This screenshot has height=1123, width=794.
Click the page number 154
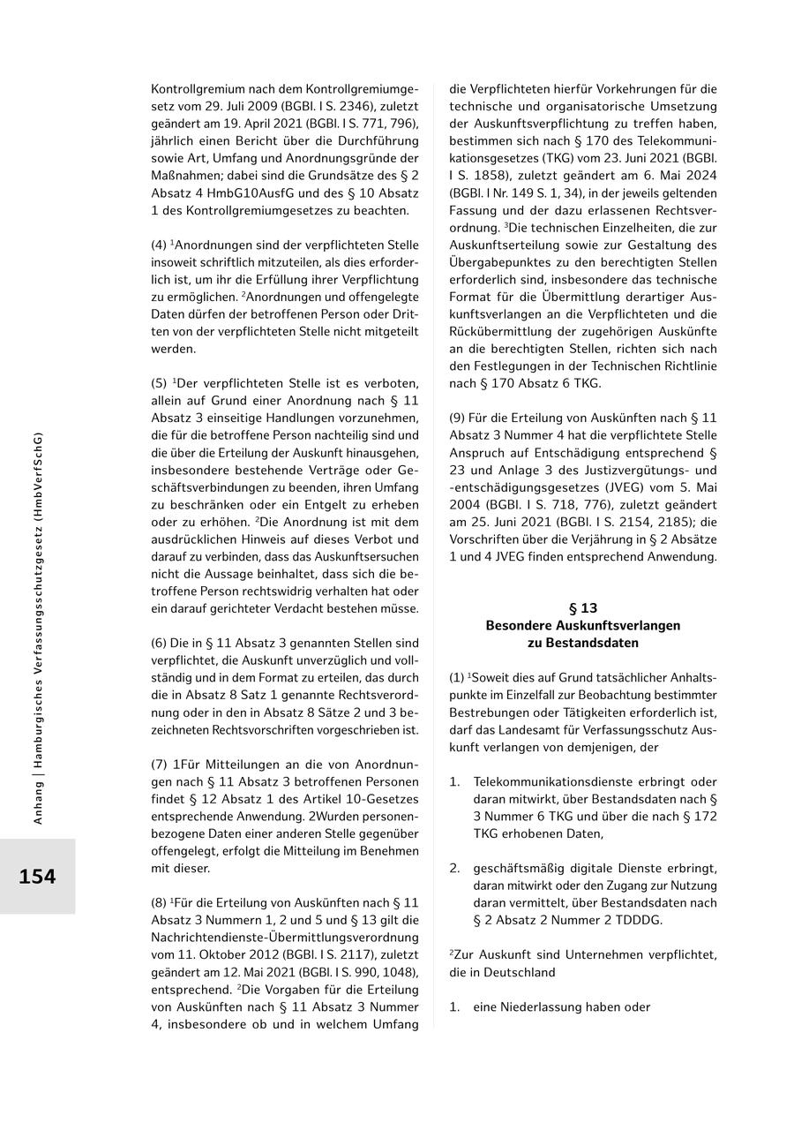(37, 877)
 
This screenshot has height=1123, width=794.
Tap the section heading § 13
(583, 608)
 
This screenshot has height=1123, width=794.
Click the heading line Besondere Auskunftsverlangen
(583, 625)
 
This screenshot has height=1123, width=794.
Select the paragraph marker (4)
(159, 245)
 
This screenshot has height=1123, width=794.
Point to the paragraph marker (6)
(159, 644)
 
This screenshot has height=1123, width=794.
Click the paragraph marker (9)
(457, 418)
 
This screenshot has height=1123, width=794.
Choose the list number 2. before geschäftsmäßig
(454, 868)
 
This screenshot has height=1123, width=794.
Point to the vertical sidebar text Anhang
(38, 805)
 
